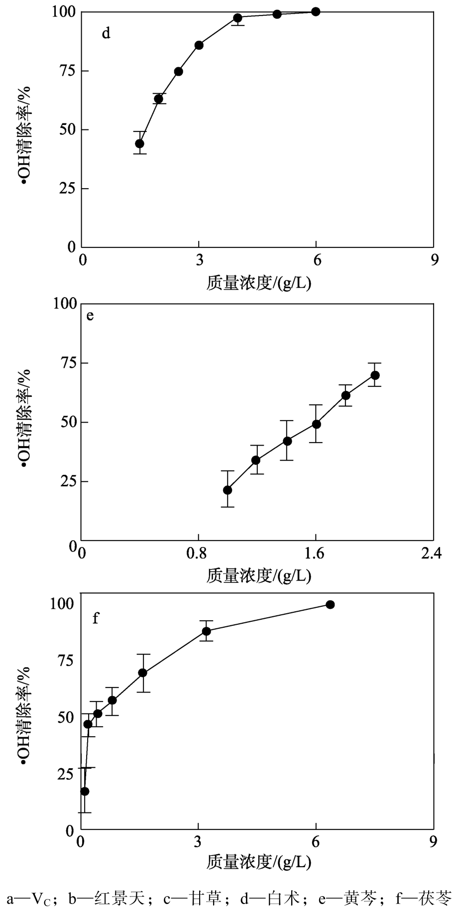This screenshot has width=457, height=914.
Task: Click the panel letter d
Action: coord(106,34)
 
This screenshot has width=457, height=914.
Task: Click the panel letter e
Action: coord(90,315)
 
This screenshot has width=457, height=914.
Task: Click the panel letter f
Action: coord(96,618)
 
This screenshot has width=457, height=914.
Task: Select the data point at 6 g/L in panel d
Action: coord(316,11)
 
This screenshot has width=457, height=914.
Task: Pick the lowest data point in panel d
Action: coord(140,144)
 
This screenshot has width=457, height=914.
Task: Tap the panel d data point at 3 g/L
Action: coord(199,45)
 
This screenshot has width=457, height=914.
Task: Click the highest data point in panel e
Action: coord(375,375)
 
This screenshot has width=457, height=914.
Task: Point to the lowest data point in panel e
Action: coord(228,490)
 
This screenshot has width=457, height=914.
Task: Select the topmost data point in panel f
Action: coord(330,604)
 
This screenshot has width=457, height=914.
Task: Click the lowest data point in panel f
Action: coord(85,791)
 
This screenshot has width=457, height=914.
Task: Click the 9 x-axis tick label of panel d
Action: coord(435,260)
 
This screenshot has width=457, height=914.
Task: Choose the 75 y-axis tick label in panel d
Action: coord(65,71)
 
